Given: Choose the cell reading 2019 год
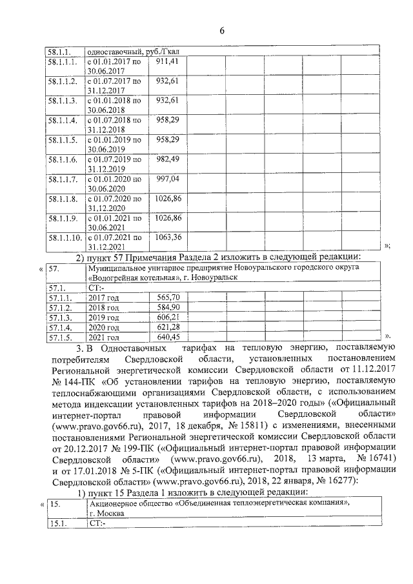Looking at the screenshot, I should coord(104,317).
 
